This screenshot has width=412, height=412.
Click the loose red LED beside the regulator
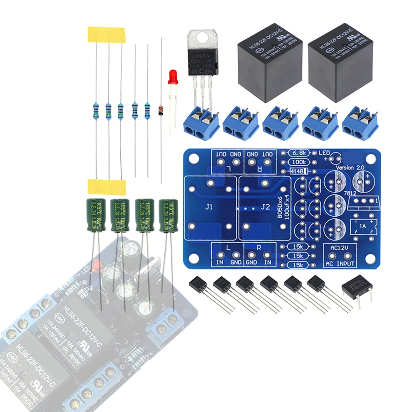click(173, 77)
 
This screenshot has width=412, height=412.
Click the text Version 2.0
click(350, 168)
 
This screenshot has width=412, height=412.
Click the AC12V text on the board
click(337, 248)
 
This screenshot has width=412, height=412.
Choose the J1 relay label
click(209, 208)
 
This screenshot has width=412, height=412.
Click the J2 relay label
click(265, 208)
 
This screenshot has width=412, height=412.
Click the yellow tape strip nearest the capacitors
click(106, 187)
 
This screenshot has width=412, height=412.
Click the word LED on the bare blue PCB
click(324, 153)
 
